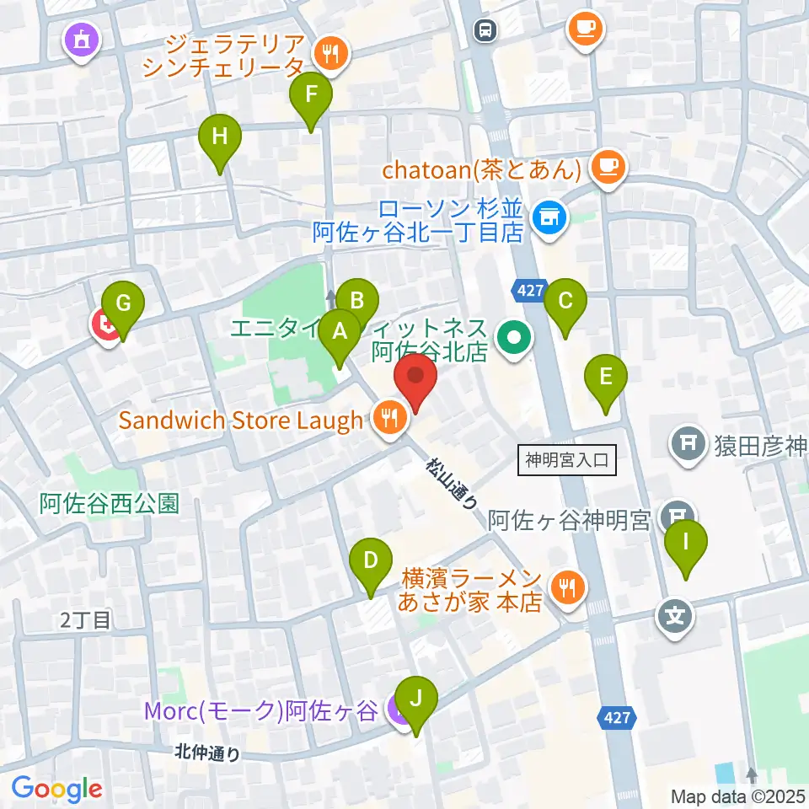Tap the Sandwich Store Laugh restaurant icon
tap(388, 416)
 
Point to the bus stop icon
tap(485, 30)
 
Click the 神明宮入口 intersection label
tap(565, 460)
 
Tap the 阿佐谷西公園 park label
tap(110, 504)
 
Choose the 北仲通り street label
tap(208, 752)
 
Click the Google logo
tap(56, 788)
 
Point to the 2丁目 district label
tap(85, 621)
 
